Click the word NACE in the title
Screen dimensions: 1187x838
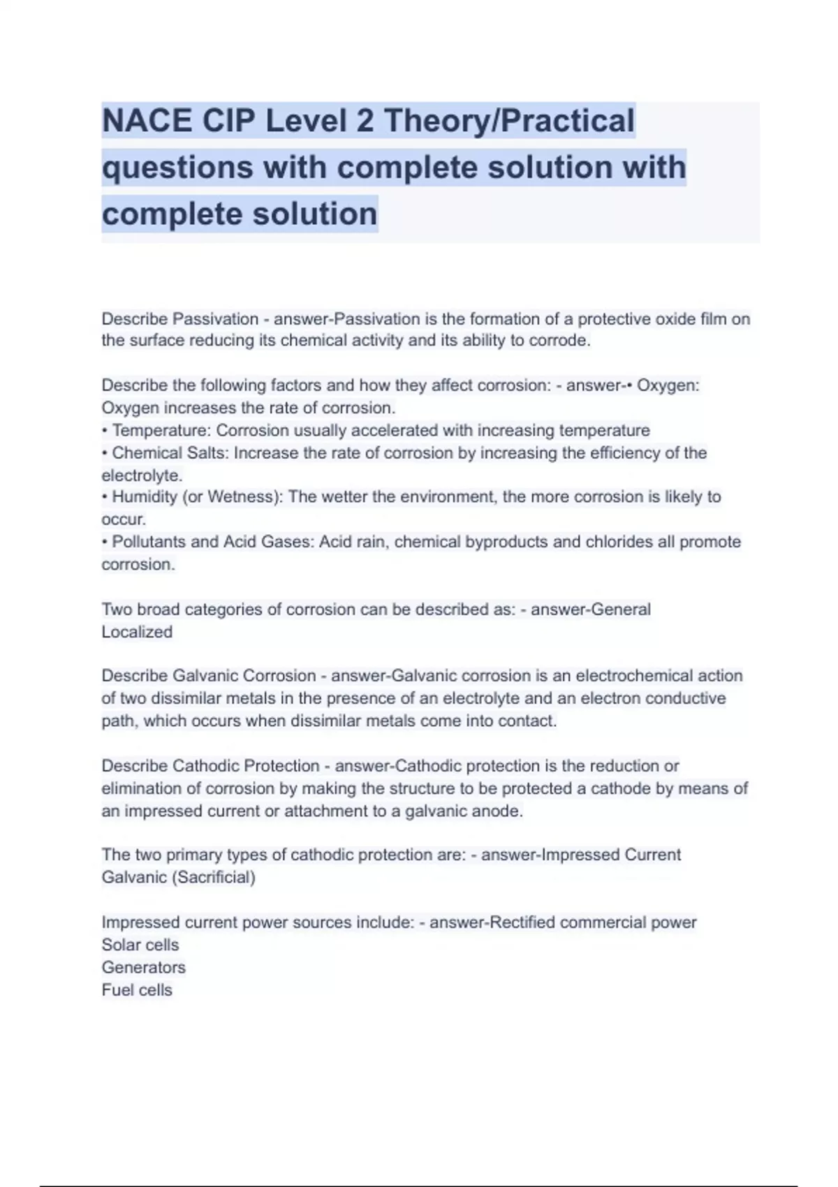point(147,121)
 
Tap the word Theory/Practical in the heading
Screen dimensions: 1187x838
point(509,121)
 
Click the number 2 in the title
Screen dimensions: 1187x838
point(365,121)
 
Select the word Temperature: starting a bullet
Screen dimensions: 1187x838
point(161,430)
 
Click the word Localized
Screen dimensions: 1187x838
point(137,632)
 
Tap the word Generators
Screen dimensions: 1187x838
point(143,967)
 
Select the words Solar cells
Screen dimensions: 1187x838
point(140,945)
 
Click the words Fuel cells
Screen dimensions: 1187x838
point(137,989)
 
